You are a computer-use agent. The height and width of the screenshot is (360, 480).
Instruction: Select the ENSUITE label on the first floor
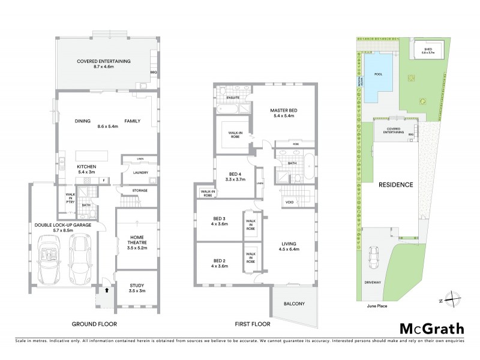(x=233, y=97)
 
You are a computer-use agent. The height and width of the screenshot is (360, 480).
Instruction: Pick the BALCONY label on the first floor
(x=293, y=304)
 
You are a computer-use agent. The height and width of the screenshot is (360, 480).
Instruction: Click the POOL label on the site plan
(x=378, y=75)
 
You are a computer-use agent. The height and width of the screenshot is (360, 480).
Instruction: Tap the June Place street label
(x=376, y=305)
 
